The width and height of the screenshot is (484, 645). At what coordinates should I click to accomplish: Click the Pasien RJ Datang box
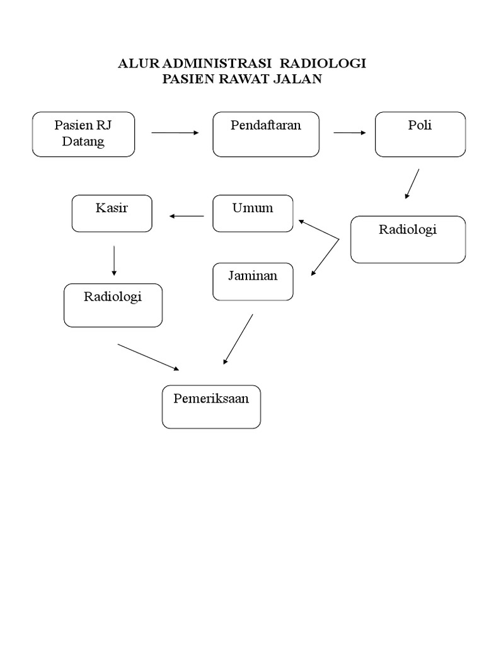tap(83, 134)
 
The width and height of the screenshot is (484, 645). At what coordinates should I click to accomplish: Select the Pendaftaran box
tap(265, 134)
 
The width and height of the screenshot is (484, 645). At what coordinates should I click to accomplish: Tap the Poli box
tap(420, 134)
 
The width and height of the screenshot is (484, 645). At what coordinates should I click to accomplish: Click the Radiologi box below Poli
tap(408, 239)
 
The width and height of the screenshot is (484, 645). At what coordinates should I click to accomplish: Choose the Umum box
tap(253, 214)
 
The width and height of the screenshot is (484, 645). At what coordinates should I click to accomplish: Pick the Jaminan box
tap(253, 282)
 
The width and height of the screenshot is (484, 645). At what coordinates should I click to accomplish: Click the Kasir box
tap(112, 214)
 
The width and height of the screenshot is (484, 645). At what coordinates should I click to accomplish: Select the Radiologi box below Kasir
tap(113, 305)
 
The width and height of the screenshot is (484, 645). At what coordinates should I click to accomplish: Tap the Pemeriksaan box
tap(211, 407)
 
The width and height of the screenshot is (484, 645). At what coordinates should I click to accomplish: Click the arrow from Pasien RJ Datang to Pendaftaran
tap(175, 133)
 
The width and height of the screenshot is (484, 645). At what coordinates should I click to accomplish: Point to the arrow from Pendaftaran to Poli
tap(349, 133)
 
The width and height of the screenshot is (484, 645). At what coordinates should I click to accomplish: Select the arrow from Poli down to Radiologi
tap(412, 184)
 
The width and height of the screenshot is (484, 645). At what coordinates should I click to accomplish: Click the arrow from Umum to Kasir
tap(187, 217)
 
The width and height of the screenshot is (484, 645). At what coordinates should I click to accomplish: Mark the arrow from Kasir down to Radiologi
tap(114, 260)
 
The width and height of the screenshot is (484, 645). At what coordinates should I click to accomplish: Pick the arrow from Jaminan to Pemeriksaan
tap(238, 340)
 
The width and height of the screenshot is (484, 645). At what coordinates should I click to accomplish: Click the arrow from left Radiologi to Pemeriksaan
tap(149, 357)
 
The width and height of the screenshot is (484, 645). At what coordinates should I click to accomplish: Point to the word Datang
tap(83, 141)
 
